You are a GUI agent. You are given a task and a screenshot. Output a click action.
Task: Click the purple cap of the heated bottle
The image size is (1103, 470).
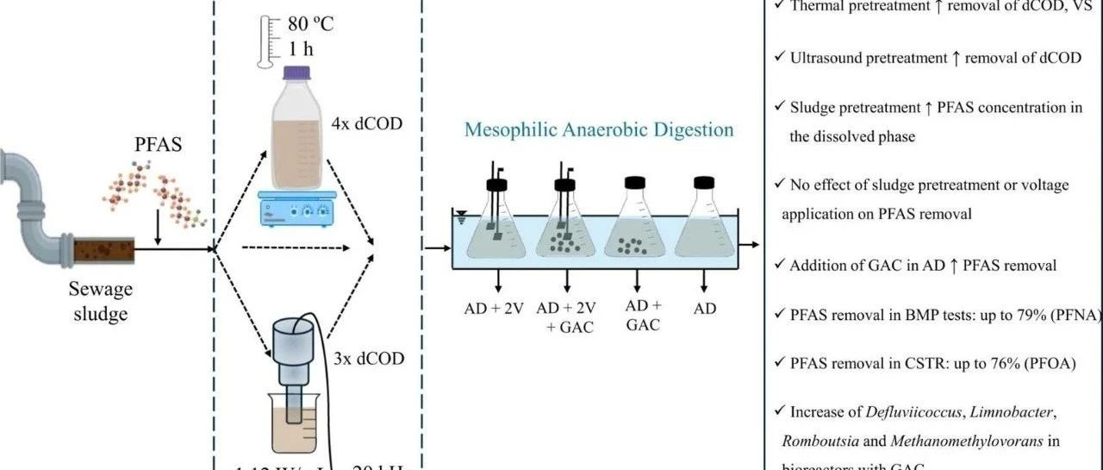point(296,74)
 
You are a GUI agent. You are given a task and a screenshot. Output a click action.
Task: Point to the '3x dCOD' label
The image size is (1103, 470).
point(368,358)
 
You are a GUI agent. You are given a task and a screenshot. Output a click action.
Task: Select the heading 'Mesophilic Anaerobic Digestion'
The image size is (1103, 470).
point(599,129)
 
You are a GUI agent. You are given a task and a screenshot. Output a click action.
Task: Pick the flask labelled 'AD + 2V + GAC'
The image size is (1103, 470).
point(565,224)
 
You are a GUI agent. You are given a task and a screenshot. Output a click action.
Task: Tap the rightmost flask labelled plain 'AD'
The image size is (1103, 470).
point(705,224)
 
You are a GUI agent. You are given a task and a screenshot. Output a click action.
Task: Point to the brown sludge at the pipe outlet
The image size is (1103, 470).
point(103,251)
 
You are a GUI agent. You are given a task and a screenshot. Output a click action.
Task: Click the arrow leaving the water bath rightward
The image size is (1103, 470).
point(751,245)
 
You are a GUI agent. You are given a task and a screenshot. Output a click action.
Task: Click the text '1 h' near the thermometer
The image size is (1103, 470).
point(302,49)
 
